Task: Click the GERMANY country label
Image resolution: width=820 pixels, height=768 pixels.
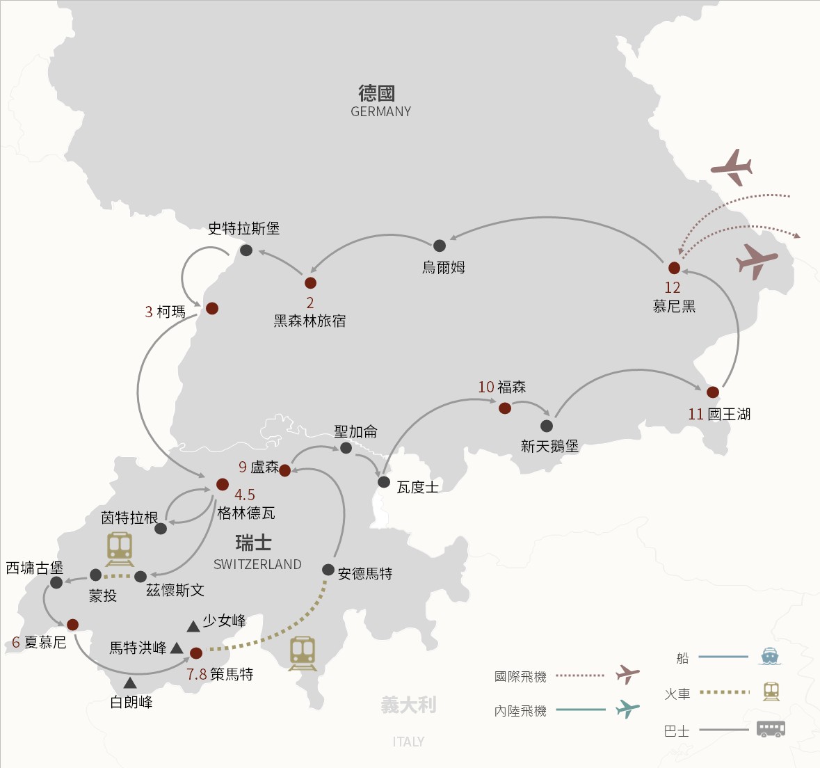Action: (x=380, y=111)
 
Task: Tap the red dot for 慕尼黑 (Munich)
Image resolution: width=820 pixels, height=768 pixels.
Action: (x=674, y=268)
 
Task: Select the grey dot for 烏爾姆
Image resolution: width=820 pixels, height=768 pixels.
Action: (x=440, y=246)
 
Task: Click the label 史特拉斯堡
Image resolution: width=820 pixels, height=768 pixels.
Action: (x=243, y=228)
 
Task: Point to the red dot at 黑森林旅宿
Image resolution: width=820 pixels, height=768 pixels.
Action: (x=310, y=283)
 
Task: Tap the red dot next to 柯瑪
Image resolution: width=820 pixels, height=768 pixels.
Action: (x=212, y=308)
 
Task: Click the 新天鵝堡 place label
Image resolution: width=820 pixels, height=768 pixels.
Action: (x=549, y=446)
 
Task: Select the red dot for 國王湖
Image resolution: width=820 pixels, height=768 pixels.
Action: (x=712, y=392)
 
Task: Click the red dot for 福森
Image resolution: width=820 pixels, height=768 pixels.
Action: (x=505, y=408)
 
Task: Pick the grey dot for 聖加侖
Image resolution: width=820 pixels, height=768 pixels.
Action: (x=346, y=448)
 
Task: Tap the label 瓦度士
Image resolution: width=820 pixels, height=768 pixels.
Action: (x=417, y=487)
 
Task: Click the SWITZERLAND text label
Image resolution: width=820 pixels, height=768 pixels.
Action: (x=257, y=564)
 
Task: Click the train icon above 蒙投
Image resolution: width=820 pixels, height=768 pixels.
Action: (x=120, y=549)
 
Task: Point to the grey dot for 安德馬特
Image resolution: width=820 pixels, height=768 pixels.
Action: (x=328, y=570)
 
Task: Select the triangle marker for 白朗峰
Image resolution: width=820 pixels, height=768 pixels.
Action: (x=130, y=684)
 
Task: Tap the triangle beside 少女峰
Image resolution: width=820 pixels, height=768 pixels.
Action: (x=193, y=627)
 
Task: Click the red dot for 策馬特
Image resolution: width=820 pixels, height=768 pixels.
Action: (x=196, y=653)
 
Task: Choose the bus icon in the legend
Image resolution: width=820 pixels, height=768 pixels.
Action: (x=771, y=729)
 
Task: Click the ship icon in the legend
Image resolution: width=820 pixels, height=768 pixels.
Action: (x=770, y=656)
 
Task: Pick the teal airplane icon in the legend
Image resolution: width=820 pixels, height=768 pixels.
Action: (x=627, y=709)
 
